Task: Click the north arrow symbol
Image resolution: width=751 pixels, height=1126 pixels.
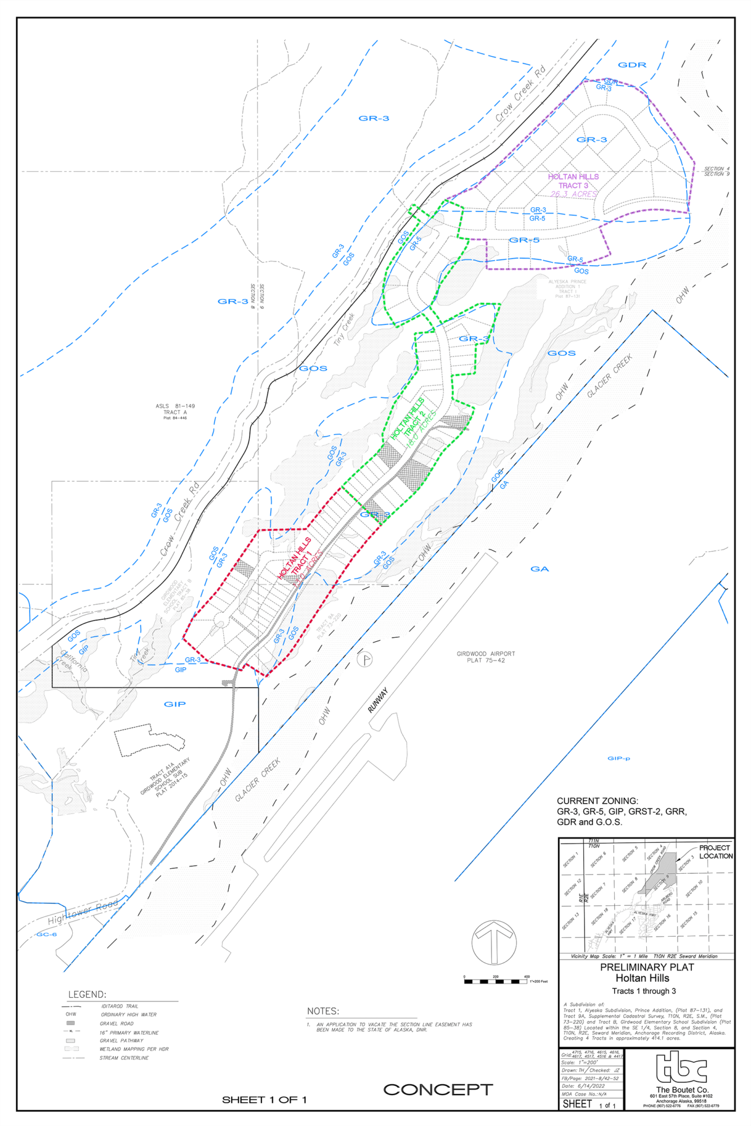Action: [x=494, y=942]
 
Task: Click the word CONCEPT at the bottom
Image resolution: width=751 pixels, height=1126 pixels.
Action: [x=438, y=1089]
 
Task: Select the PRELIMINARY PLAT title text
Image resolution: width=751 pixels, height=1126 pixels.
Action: [x=647, y=967]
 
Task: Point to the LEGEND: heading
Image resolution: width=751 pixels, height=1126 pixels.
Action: [x=87, y=994]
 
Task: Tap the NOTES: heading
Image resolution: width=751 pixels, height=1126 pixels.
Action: [x=323, y=1011]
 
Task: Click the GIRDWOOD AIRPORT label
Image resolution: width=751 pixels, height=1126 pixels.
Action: [x=486, y=654]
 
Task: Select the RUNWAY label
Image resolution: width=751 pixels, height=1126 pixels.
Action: [x=378, y=700]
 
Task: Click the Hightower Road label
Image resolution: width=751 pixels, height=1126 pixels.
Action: [x=83, y=911]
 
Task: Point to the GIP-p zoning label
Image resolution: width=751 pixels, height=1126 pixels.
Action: [x=619, y=758]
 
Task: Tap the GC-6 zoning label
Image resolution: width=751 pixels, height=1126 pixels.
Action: [x=46, y=935]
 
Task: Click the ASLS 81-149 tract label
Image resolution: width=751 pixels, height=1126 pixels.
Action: [x=175, y=406]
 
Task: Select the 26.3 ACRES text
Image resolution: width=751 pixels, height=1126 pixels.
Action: [x=574, y=194]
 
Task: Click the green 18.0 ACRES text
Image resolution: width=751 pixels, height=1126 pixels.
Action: [x=422, y=430]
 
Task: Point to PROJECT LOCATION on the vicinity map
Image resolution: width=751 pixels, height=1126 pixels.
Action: [x=716, y=852]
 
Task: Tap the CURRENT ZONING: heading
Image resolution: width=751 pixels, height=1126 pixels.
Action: [x=597, y=801]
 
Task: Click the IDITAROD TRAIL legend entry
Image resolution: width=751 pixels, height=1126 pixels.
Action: [x=119, y=1006]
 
